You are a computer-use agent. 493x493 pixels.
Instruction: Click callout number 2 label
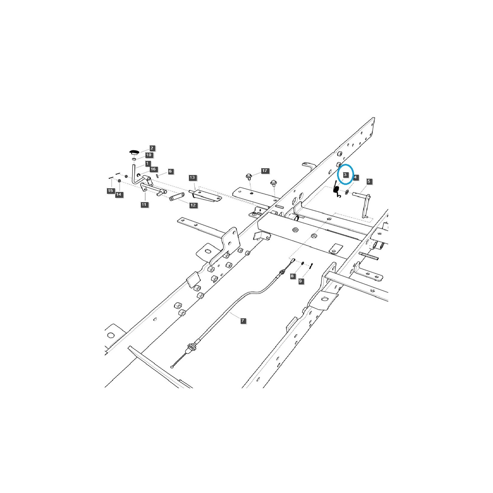[152, 148]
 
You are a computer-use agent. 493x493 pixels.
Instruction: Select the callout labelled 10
[149, 155]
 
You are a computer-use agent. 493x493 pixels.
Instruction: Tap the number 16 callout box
[153, 169]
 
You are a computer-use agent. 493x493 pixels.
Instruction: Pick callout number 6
[170, 171]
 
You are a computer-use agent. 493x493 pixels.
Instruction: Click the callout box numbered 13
[193, 177]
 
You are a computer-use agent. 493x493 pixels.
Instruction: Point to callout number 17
[265, 171]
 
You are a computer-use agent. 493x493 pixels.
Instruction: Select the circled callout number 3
[345, 174]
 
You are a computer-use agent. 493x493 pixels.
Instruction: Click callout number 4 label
[355, 177]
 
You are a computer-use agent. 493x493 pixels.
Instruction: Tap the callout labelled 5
[369, 181]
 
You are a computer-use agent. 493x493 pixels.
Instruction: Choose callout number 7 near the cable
[243, 321]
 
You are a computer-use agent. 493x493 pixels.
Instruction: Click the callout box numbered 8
[292, 276]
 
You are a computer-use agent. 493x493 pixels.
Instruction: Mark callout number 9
[301, 281]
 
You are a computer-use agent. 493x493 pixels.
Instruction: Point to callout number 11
[144, 205]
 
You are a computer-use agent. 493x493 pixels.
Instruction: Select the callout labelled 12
[193, 205]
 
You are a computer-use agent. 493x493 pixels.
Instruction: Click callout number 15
[110, 191]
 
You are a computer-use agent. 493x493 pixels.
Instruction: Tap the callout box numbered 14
[119, 194]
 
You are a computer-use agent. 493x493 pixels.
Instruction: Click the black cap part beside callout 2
[134, 152]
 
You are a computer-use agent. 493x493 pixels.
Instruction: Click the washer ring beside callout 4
[346, 193]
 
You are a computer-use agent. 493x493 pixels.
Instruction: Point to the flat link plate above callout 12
[177, 197]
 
